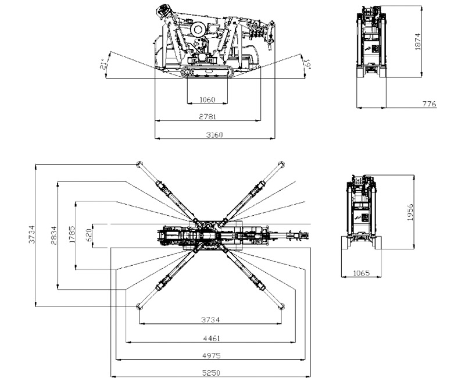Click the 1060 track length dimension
pos(207,99)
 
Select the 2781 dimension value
pos(208,117)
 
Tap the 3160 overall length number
pos(214,135)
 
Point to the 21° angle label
pos(103,64)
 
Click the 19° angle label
pos(307,65)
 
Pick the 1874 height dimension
pos(417,41)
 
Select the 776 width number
pos(430,104)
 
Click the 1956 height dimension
pos(410,212)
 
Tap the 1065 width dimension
pos(362,273)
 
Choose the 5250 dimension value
pos(211,373)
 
